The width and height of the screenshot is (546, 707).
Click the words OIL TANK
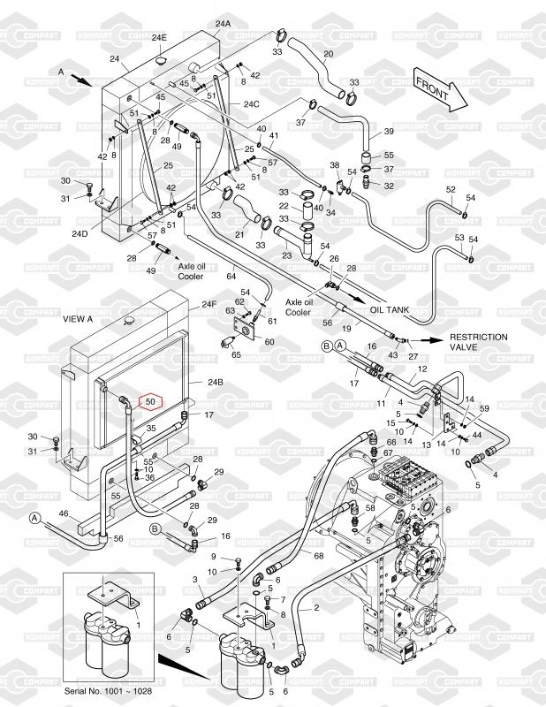click(x=389, y=310)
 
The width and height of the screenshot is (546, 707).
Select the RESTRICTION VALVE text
click(x=479, y=342)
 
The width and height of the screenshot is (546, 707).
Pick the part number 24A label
click(x=222, y=23)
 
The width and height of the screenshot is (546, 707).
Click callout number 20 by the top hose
click(x=328, y=54)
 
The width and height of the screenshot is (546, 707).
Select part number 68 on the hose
click(x=318, y=555)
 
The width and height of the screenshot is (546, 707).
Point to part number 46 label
click(x=64, y=513)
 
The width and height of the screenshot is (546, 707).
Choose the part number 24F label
click(x=209, y=305)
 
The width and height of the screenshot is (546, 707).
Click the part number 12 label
click(x=422, y=369)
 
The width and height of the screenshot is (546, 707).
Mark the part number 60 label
click(x=269, y=342)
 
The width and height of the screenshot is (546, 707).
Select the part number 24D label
click(x=80, y=234)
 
